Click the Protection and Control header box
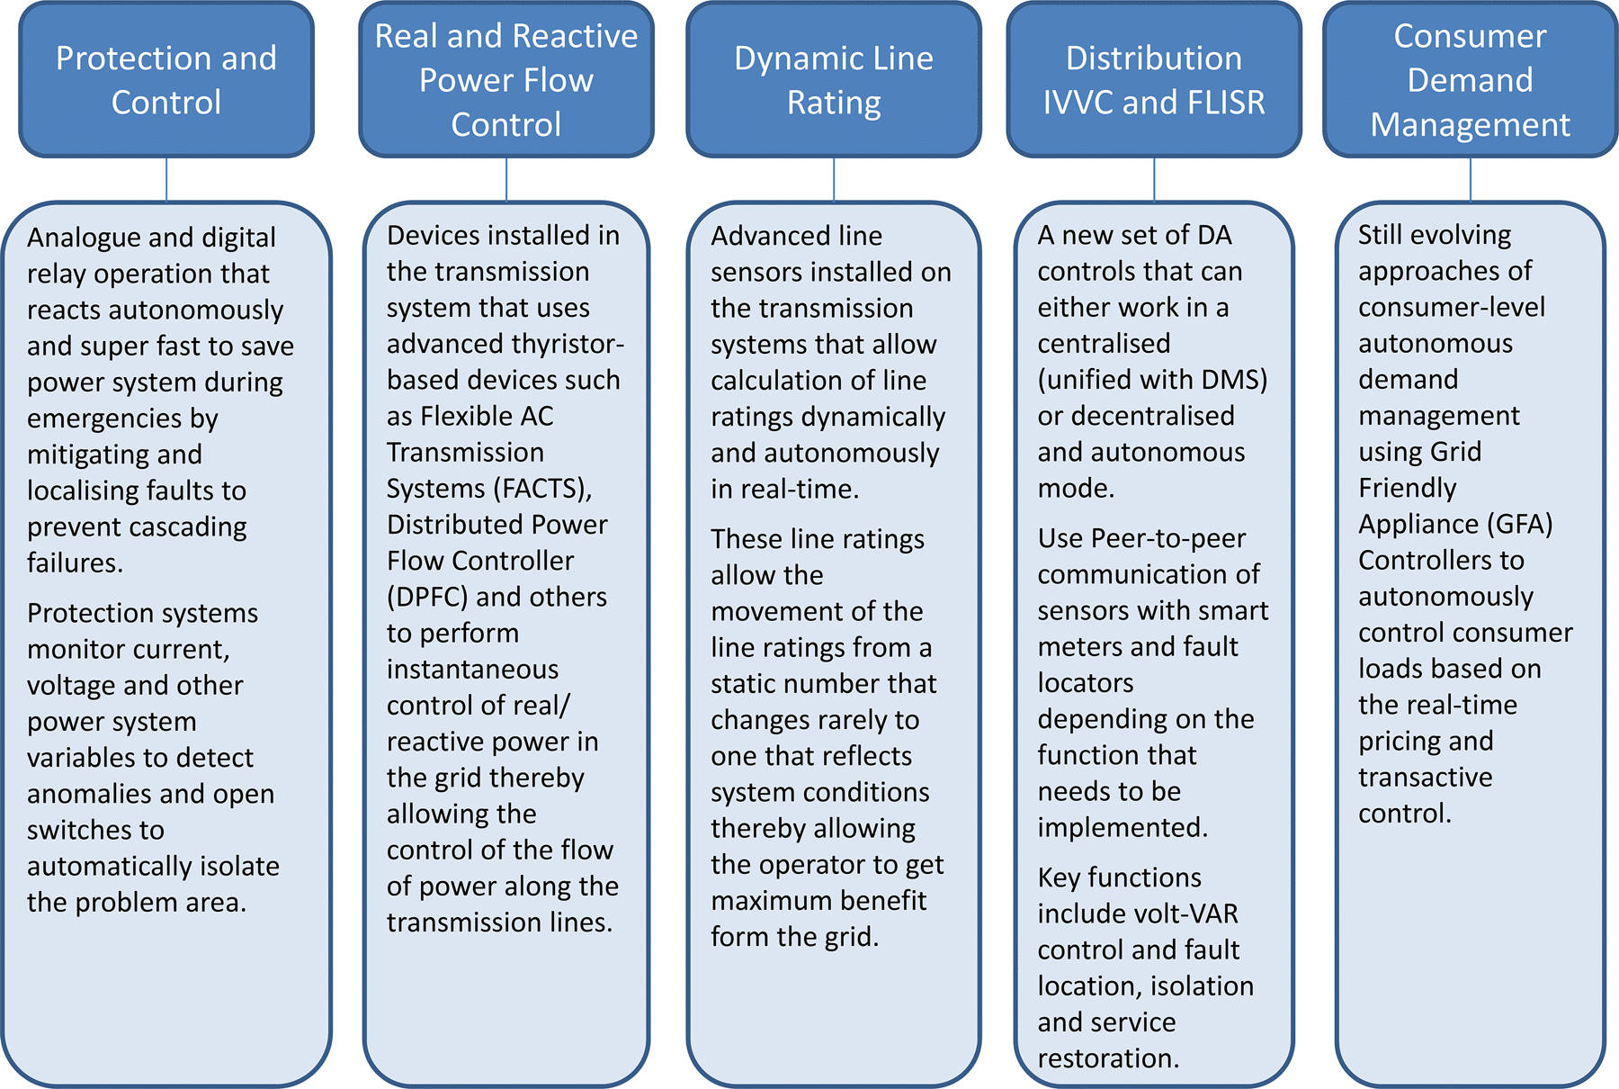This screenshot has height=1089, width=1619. [166, 79]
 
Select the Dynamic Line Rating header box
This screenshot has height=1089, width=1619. [834, 79]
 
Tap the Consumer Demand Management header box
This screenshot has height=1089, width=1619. [1471, 79]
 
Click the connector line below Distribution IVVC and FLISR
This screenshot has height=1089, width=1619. [1154, 179]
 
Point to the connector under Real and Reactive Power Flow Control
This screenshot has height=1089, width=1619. [506, 179]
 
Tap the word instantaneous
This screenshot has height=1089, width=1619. [473, 670]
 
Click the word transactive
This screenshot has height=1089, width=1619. [1426, 778]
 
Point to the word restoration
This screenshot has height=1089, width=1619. [1108, 1058]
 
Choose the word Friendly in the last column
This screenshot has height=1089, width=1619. [1408, 488]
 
